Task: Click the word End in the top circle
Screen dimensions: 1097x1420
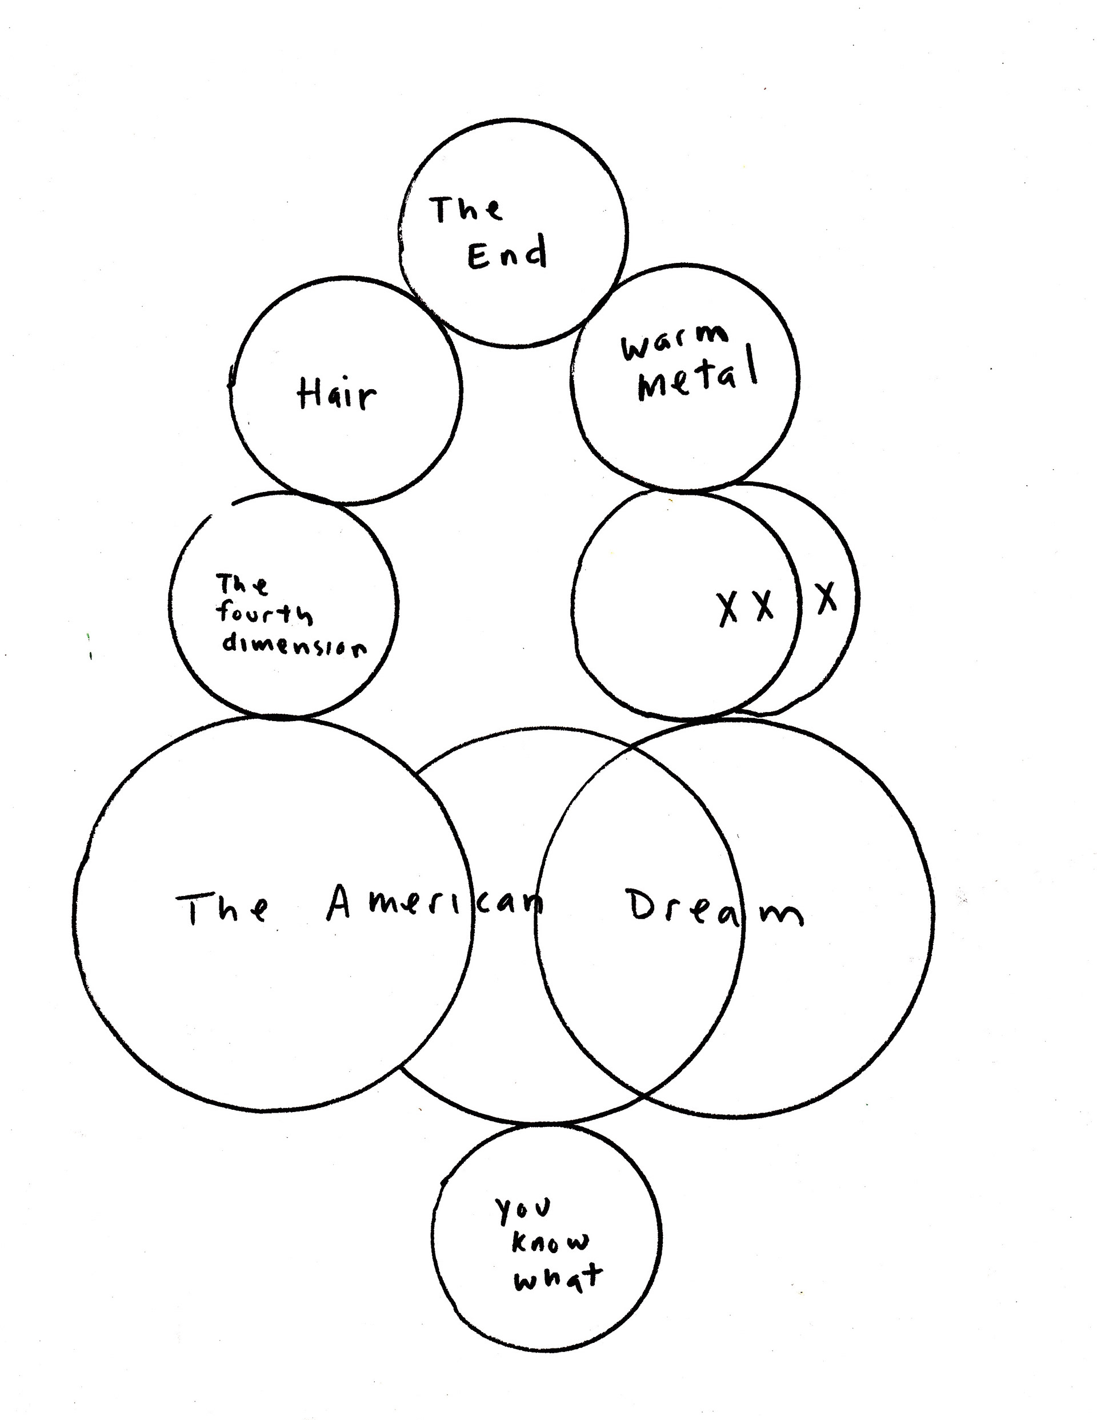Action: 507,254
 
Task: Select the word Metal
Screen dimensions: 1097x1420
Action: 698,378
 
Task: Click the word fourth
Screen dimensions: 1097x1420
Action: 263,613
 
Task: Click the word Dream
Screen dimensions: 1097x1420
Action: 714,909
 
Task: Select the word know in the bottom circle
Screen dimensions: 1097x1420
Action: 550,1243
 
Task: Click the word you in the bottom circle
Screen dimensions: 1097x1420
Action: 523,1208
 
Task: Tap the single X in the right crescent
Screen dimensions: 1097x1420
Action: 827,598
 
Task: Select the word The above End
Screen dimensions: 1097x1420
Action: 466,209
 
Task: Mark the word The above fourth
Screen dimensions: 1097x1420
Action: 241,585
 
